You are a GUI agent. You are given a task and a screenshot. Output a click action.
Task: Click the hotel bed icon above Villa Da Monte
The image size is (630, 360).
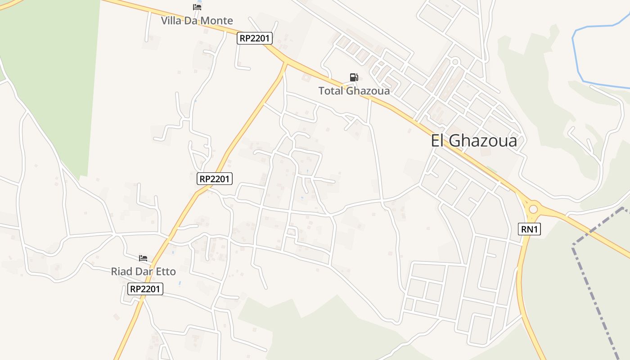tap(197, 7)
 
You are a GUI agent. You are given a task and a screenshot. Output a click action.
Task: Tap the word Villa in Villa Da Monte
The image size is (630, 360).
tap(171, 21)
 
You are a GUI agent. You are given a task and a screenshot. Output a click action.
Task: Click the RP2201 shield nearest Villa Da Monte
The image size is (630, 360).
tap(255, 38)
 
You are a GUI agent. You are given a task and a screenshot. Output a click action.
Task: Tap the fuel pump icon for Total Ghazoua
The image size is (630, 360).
tap(354, 77)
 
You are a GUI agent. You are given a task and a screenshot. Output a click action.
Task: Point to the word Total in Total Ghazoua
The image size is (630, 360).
tap(331, 90)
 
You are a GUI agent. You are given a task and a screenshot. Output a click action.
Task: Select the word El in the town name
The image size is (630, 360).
tap(438, 141)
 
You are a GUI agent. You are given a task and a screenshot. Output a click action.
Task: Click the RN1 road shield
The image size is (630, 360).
tap(530, 229)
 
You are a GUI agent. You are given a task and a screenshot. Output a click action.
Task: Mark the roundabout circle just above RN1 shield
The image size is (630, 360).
tap(534, 209)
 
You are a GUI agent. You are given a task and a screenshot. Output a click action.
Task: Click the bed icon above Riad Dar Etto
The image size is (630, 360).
tap(143, 258)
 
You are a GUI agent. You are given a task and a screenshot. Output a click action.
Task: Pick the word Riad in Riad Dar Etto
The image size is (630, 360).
tap(121, 271)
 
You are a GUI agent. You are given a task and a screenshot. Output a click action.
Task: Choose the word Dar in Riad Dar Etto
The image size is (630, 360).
tap(144, 271)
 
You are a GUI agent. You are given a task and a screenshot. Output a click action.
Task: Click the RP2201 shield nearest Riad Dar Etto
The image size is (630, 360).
tap(145, 289)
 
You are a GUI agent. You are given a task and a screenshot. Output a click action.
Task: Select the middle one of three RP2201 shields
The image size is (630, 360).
tap(215, 179)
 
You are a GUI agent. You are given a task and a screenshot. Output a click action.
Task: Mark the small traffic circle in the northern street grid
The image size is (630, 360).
tap(455, 62)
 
